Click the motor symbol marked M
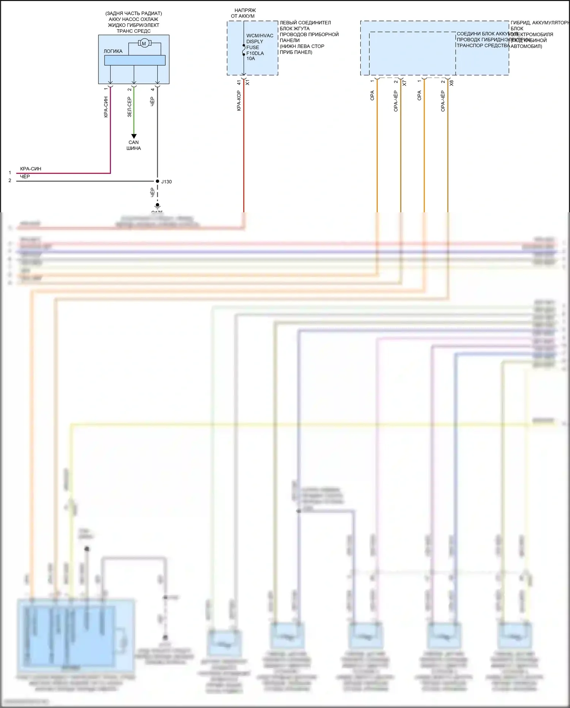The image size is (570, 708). pos(144,43)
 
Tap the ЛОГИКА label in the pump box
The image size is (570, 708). pos(113,51)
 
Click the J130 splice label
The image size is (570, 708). pos(166,182)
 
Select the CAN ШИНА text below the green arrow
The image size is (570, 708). pos(134,145)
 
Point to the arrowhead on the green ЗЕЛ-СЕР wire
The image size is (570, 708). pos(134,136)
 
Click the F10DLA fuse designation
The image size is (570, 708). pos(255,53)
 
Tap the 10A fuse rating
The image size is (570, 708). pos(251,59)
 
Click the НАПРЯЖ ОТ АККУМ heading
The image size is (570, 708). pos(242,13)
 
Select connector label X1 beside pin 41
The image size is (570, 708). pos(248,82)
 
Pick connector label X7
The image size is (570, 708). pos(404,83)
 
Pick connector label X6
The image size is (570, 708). pos(451,83)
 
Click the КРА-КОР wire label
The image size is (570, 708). pos(239,101)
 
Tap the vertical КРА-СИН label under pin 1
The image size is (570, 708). pos(106,107)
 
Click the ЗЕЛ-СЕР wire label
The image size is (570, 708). pos(129,107)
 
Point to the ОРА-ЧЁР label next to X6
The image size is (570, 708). pos(443,101)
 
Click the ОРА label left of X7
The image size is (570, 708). pos(372,95)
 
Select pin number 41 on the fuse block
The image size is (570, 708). pos(239,82)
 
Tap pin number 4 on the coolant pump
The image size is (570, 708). pos(153,89)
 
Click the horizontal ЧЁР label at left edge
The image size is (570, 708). pos(25,177)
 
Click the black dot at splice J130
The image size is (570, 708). pos(157,181)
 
